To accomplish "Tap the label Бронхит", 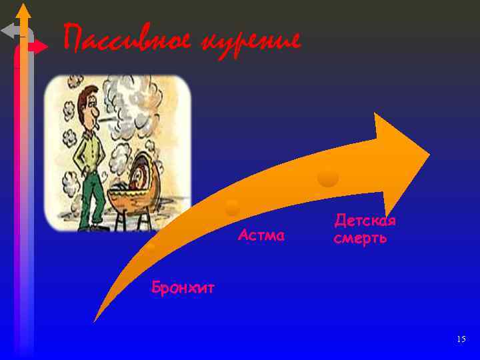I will (x=183, y=288).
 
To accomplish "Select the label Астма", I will (x=261, y=235).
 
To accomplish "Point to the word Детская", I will (x=365, y=221).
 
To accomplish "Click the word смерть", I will (x=360, y=238).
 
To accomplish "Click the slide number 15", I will (x=461, y=339).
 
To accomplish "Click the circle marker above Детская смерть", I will (x=328, y=178).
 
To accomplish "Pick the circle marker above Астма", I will (x=232, y=208).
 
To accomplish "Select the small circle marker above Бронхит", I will (x=151, y=247).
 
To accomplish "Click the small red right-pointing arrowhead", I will (x=39, y=47).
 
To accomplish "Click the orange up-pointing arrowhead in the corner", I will (x=24, y=12).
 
